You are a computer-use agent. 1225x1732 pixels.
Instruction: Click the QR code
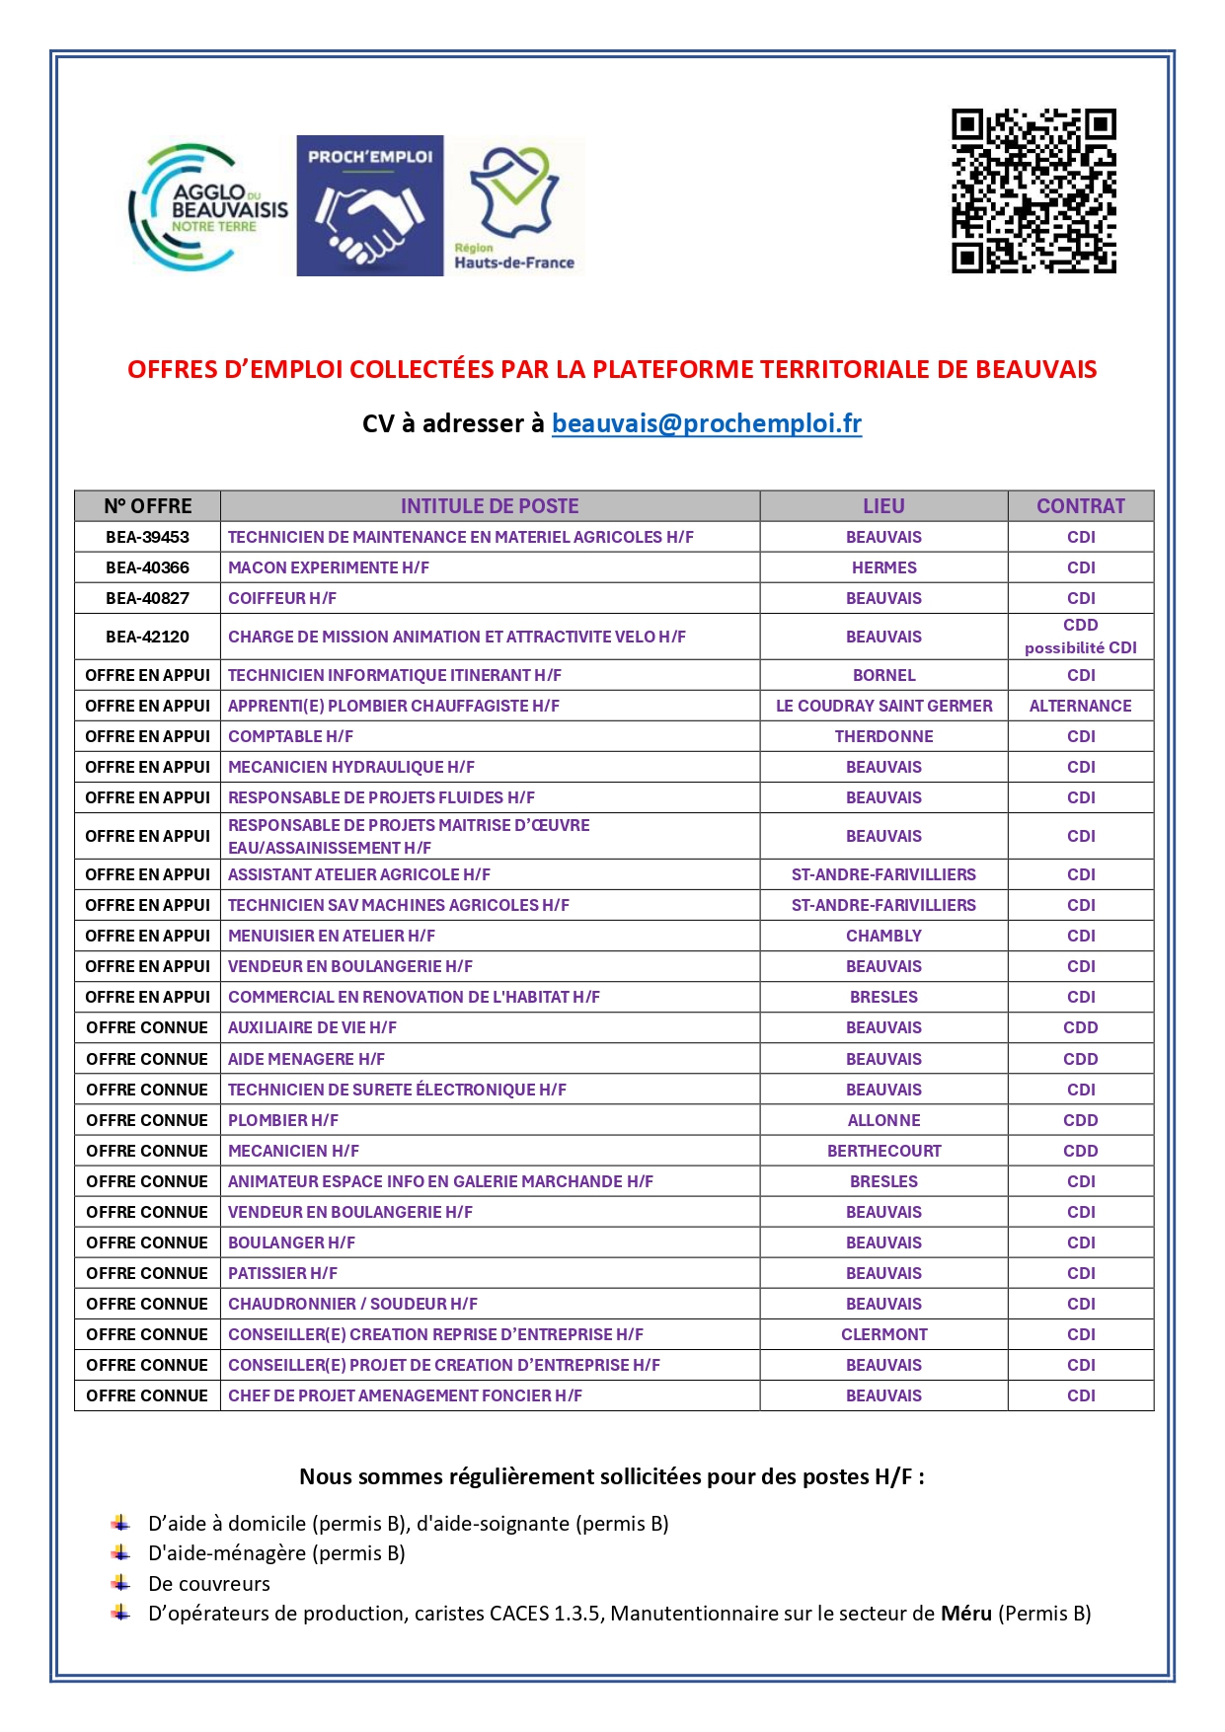pyautogui.click(x=1033, y=190)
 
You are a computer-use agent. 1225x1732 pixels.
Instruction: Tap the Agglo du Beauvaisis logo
pyautogui.click(x=208, y=207)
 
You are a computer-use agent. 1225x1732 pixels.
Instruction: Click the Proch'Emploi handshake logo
pyautogui.click(x=369, y=206)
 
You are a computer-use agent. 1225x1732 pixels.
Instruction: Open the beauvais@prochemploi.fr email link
pyautogui.click(x=706, y=423)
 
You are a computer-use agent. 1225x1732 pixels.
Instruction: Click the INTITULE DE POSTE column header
pyautogui.click(x=489, y=506)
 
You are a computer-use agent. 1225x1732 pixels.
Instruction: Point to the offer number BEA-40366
pyautogui.click(x=147, y=567)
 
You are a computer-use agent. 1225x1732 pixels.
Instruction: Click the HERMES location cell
pyautogui.click(x=883, y=567)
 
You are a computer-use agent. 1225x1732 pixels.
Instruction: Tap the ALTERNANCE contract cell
pyautogui.click(x=1080, y=706)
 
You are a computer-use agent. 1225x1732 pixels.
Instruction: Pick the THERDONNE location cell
pyautogui.click(x=883, y=736)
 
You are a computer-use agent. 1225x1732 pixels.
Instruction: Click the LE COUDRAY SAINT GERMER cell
pyautogui.click(x=883, y=706)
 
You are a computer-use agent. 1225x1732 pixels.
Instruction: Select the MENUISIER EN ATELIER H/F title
pyautogui.click(x=331, y=936)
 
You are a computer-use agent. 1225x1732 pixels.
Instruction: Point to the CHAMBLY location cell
pyautogui.click(x=883, y=936)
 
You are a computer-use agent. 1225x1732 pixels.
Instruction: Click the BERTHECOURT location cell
pyautogui.click(x=883, y=1151)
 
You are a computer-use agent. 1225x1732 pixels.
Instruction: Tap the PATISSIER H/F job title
pyautogui.click(x=282, y=1273)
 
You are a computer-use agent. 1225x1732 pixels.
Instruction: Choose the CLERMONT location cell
pyautogui.click(x=883, y=1334)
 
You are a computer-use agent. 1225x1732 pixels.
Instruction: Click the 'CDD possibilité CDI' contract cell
pyautogui.click(x=1080, y=637)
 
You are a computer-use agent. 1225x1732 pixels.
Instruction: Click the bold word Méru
pyautogui.click(x=965, y=1614)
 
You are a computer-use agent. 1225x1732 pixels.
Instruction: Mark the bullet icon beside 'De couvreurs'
pyautogui.click(x=120, y=1583)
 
